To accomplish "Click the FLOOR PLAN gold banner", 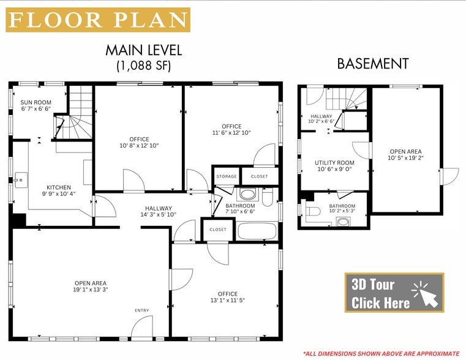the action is (98, 20).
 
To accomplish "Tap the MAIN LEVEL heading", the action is (144, 50).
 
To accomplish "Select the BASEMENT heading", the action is (373, 64).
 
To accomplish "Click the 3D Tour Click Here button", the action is (394, 293).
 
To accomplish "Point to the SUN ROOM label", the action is (36, 102).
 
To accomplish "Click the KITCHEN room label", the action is (59, 187).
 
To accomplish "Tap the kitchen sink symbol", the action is (21, 180).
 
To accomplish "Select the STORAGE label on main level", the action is (227, 176).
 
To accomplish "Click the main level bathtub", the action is (257, 231).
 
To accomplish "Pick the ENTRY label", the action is (142, 310).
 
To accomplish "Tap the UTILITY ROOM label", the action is (334, 163).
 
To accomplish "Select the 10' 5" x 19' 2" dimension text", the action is (405, 158).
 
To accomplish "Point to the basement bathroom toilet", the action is (313, 211).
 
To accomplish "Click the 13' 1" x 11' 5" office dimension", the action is (228, 300).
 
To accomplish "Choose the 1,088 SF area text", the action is (144, 66).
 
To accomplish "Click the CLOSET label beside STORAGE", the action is (260, 176).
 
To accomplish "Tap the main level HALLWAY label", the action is (159, 209).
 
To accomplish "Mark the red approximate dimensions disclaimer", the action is (381, 353).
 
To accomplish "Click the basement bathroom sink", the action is (344, 222).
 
